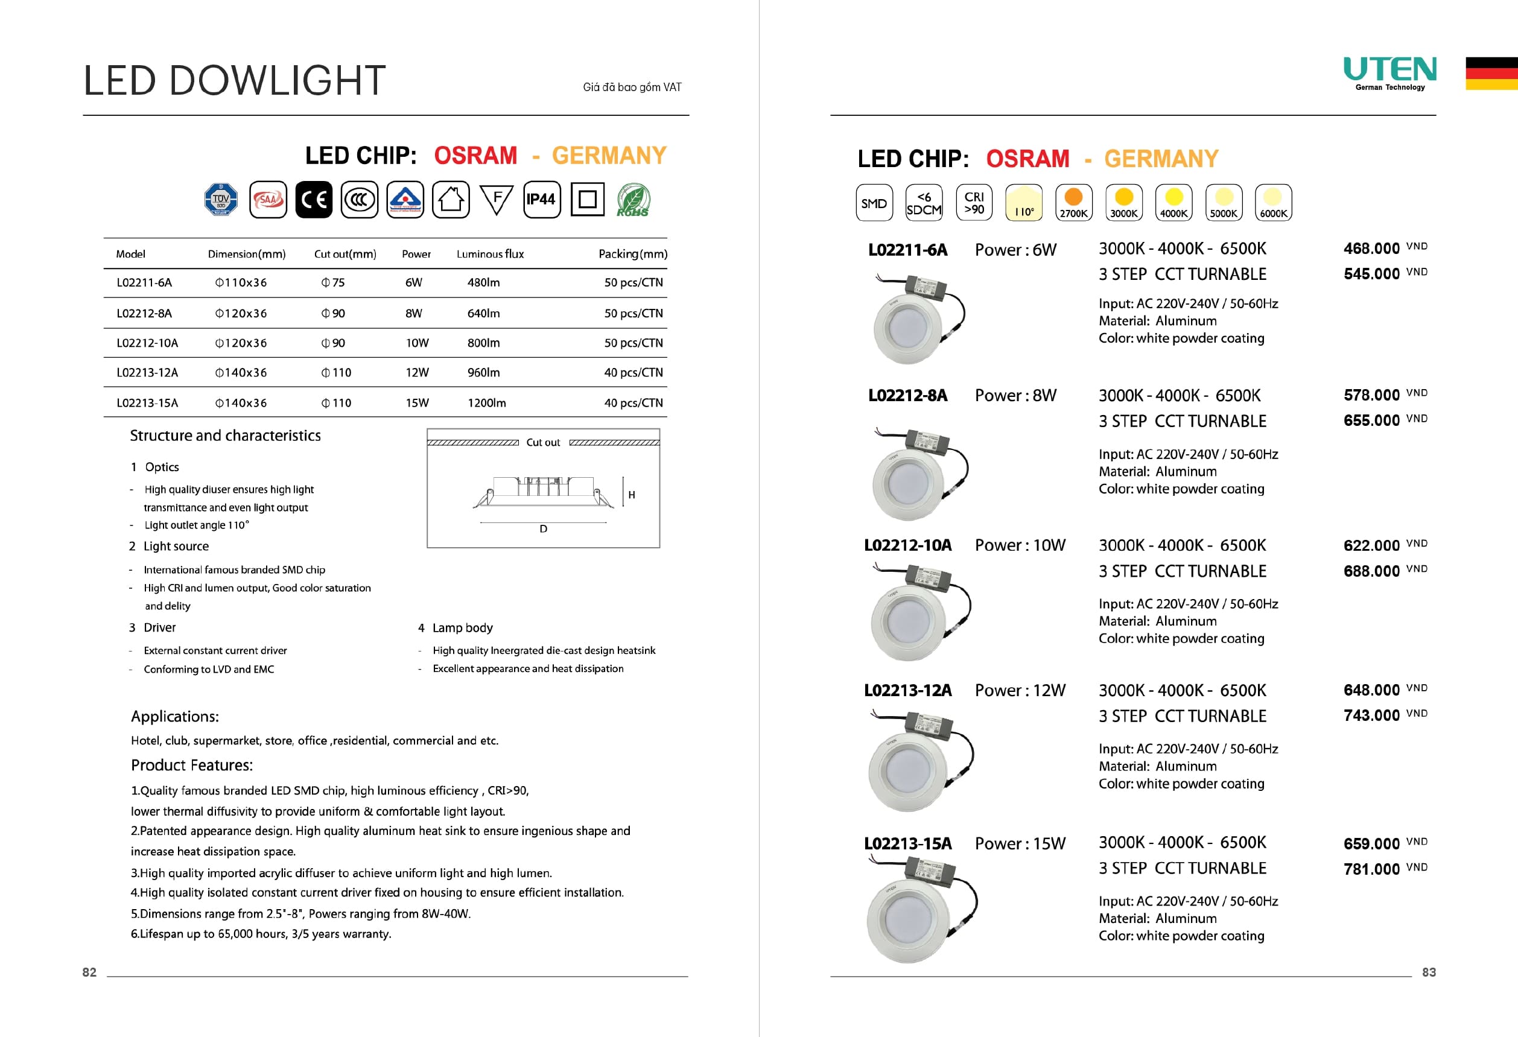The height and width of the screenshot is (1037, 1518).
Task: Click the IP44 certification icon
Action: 541,199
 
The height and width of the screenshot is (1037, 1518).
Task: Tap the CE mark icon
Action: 314,199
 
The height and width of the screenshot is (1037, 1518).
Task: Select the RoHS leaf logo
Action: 633,200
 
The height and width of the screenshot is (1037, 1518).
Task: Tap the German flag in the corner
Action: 1491,73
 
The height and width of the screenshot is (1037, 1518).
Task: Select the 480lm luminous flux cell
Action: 483,283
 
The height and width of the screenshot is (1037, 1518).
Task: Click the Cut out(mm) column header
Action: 345,254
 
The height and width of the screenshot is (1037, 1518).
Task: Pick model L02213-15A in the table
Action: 147,403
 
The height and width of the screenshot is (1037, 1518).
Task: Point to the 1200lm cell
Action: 487,403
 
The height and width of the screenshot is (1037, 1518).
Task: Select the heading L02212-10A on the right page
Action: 907,545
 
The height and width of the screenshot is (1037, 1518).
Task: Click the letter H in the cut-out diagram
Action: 632,495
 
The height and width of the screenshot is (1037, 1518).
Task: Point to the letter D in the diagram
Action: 544,529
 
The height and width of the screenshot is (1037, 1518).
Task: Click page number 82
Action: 89,972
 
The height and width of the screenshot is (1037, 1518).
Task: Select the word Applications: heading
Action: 174,716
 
